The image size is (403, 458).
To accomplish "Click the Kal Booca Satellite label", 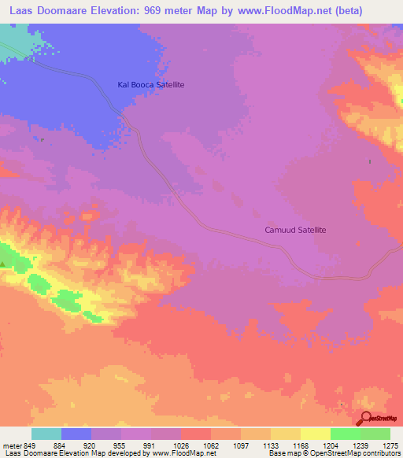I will [x=150, y=84].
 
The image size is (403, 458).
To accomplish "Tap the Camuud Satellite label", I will [x=294, y=231].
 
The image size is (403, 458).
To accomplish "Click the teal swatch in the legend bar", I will [x=46, y=434].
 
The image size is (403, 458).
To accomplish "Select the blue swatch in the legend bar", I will [x=76, y=434].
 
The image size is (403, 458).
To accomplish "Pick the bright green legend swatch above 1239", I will [x=346, y=434].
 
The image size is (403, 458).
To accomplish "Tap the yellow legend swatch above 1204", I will [x=316, y=434].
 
